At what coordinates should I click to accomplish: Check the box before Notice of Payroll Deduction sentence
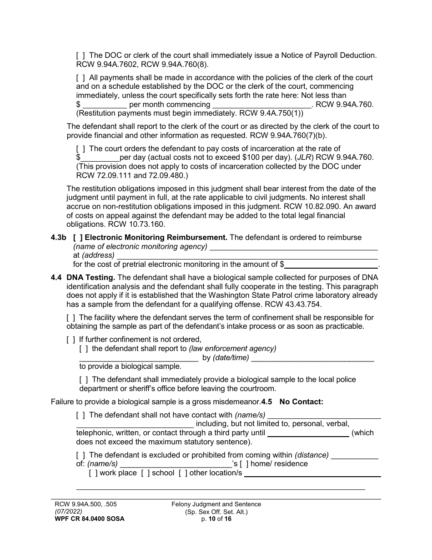pyautogui.click(x=80, y=55)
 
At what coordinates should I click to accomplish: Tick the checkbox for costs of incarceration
pyautogui.click(x=80, y=148)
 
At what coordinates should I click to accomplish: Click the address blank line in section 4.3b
pyautogui.click(x=247, y=255)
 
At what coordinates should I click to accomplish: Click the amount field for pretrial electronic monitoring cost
pyautogui.click(x=332, y=264)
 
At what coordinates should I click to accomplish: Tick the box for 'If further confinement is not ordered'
pyautogui.click(x=71, y=339)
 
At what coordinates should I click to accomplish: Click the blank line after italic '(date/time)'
pyautogui.click(x=312, y=358)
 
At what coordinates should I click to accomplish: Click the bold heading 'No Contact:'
pyautogui.click(x=301, y=402)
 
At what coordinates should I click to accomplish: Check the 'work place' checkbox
pyautogui.click(x=93, y=473)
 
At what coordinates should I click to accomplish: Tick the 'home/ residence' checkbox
pyautogui.click(x=244, y=464)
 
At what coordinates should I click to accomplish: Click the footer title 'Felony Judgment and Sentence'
pyautogui.click(x=216, y=504)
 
